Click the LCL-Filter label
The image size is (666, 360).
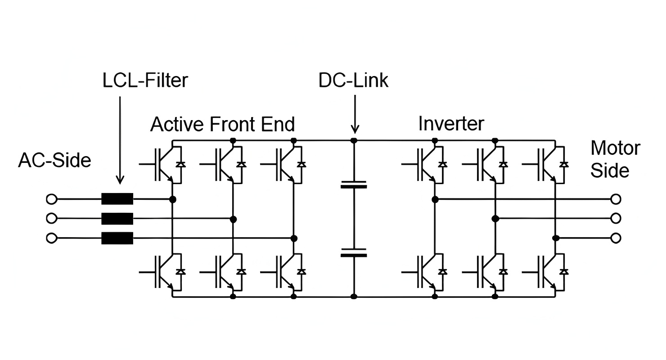pyautogui.click(x=145, y=81)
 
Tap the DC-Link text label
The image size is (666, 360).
pyautogui.click(x=353, y=81)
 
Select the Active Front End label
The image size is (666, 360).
pyautogui.click(x=222, y=124)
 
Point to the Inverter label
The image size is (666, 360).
pyautogui.click(x=451, y=124)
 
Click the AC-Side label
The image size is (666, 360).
pyautogui.click(x=54, y=161)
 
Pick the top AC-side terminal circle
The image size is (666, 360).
pyautogui.click(x=52, y=198)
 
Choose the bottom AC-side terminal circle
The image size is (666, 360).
pyautogui.click(x=52, y=238)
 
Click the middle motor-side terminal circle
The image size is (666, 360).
pyautogui.click(x=616, y=218)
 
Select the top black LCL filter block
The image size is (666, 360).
pyautogui.click(x=117, y=198)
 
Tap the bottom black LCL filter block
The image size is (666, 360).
pyautogui.click(x=117, y=238)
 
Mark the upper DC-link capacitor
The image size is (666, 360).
pyautogui.click(x=354, y=184)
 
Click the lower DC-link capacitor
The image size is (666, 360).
pyautogui.click(x=354, y=252)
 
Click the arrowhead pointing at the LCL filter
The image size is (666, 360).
pyautogui.click(x=120, y=180)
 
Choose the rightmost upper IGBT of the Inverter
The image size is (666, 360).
pyautogui.click(x=549, y=164)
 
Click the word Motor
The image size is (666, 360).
pyautogui.click(x=615, y=148)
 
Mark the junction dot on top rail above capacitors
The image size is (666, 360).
pyautogui.click(x=354, y=140)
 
